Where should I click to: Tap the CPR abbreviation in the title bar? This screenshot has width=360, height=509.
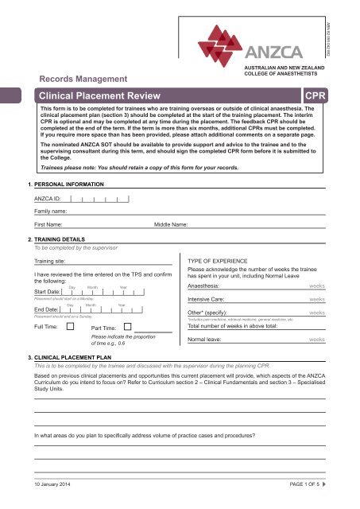coord(315,96)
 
